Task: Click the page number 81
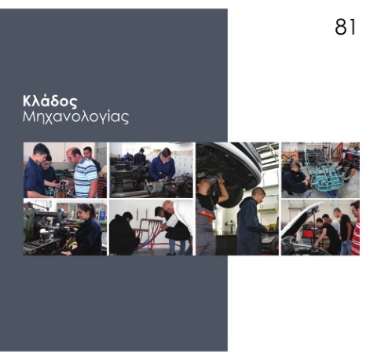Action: pos(346,27)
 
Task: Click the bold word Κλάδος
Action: pos(50,101)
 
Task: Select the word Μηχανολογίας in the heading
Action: pos(75,117)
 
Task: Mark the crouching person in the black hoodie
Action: pos(123,233)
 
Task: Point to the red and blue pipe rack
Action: pos(149,233)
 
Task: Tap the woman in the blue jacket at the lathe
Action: pos(163,167)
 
